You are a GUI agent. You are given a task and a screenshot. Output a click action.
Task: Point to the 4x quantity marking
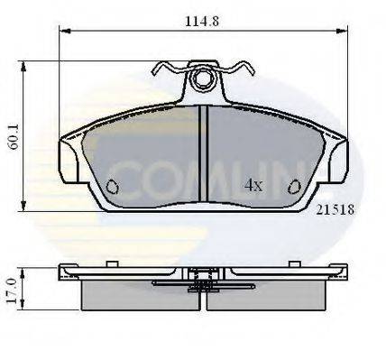click(253, 186)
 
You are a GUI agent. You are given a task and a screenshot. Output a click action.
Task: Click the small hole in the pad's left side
click(113, 187)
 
